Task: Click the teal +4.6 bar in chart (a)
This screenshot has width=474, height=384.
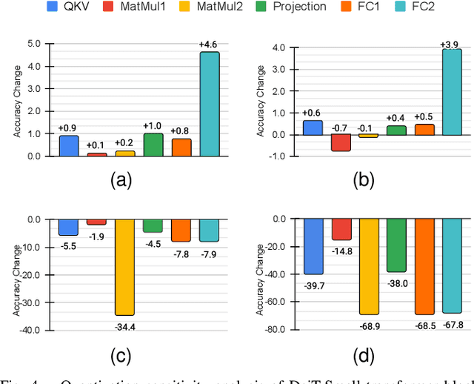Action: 210,104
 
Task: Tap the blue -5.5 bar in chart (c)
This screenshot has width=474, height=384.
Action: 69,227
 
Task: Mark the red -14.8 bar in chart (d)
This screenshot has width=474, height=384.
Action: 341,229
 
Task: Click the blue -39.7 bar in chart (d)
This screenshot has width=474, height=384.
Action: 314,247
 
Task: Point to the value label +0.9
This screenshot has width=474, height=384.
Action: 68,128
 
